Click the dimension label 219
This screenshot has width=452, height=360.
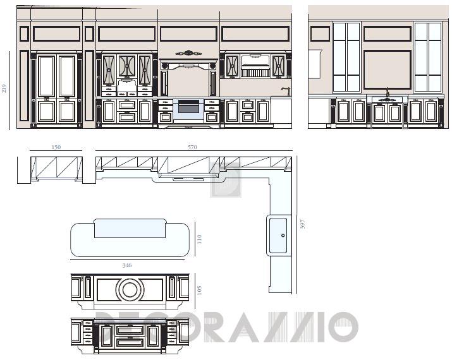pyautogui.click(x=4, y=88)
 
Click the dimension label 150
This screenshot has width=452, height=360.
pyautogui.click(x=56, y=147)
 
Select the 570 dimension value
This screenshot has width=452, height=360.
pyautogui.click(x=193, y=147)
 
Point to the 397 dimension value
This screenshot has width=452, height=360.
pyautogui.click(x=302, y=224)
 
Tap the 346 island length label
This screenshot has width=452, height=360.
pyautogui.click(x=127, y=265)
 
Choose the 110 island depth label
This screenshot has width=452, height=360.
pyautogui.click(x=199, y=239)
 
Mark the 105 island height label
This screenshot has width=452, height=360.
pyautogui.click(x=199, y=290)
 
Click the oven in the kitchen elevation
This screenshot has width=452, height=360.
pyautogui.click(x=189, y=109)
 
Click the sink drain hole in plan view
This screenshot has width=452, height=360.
pyautogui.click(x=283, y=236)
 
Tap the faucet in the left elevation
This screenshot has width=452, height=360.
pyautogui.click(x=286, y=91)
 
